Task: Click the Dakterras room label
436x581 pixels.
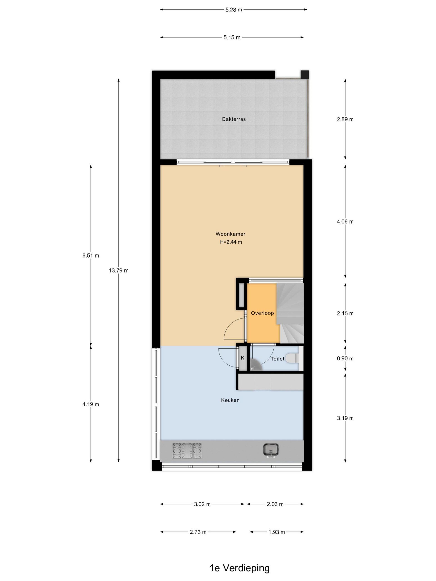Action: click(234, 119)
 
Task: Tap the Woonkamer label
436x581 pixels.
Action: click(230, 234)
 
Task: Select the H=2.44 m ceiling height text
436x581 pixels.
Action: click(231, 242)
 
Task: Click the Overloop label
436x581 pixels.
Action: click(262, 313)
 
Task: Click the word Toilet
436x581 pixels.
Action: click(277, 359)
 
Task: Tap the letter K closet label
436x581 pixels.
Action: click(243, 358)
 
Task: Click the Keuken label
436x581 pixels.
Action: click(230, 400)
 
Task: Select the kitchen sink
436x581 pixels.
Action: click(271, 450)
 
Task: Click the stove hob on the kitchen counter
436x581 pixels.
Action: click(187, 451)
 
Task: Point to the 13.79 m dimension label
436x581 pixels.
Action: click(119, 271)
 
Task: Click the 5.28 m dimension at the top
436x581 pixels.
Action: click(234, 10)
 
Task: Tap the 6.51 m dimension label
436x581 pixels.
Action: click(91, 256)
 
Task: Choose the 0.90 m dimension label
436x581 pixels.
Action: click(345, 359)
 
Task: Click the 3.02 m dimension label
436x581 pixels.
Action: click(202, 504)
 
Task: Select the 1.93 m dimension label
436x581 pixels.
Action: click(277, 532)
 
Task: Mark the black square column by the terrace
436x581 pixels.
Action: click(305, 74)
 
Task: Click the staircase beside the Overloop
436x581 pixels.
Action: click(290, 313)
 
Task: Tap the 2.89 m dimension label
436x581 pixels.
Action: click(345, 119)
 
